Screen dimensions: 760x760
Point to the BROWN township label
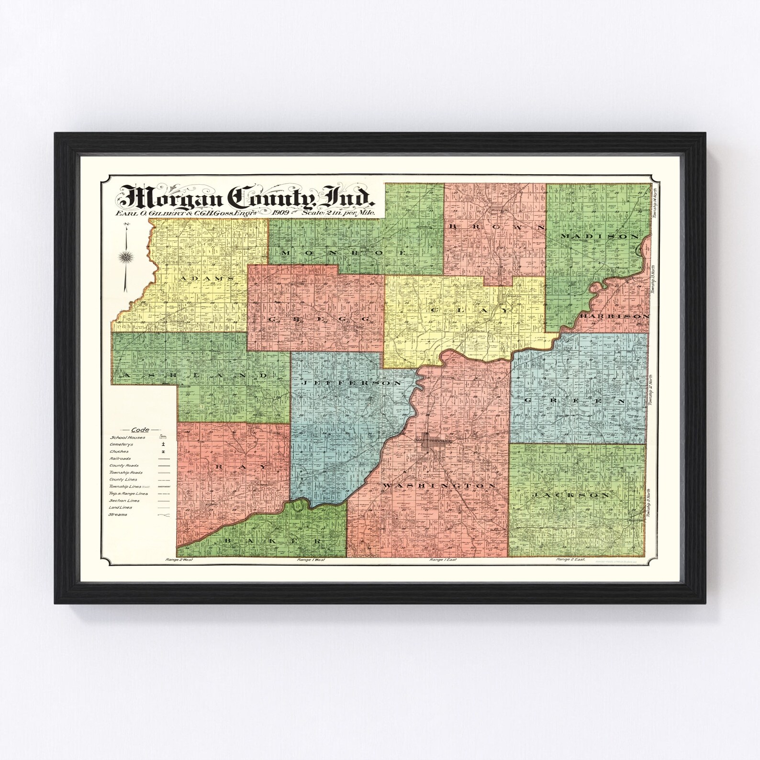pos(496,227)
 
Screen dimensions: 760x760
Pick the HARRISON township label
pos(615,316)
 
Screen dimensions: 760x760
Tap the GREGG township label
pos(318,318)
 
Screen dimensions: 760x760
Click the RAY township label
pos(233,465)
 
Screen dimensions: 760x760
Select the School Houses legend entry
pos(127,437)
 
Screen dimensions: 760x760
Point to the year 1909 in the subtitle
pos(282,212)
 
